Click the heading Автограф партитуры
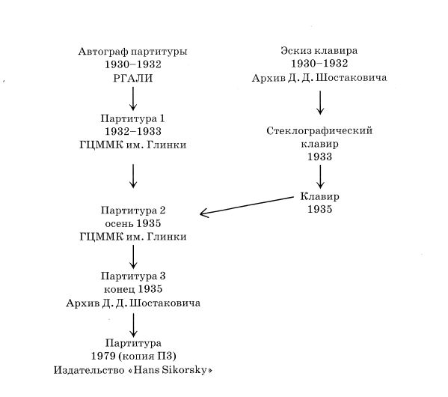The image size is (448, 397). pos(133,52)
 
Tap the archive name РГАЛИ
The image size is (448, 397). pos(133,78)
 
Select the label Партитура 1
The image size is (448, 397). pos(133,119)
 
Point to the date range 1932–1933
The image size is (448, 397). pos(133,131)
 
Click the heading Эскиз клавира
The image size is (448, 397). pos(319,51)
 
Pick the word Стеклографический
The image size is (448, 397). pos(319,131)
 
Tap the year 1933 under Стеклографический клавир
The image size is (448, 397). pos(319,157)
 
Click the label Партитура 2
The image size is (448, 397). pos(133,210)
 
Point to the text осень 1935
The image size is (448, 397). pos(133,223)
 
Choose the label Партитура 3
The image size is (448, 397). pos(133,276)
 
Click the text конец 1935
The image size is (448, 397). pos(133,289)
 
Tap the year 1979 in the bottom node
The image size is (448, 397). pos(103,356)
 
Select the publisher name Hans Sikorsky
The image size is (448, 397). pos(170,370)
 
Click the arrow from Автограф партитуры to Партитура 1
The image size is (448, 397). pos(133,99)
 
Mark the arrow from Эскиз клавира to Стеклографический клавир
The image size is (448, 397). pos(320,103)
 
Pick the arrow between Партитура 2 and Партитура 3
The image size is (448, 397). pos(133,257)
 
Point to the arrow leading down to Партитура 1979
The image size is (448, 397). pos(133,325)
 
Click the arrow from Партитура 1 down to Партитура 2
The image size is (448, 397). pos(133,176)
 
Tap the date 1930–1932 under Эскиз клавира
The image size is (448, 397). pos(319,63)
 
